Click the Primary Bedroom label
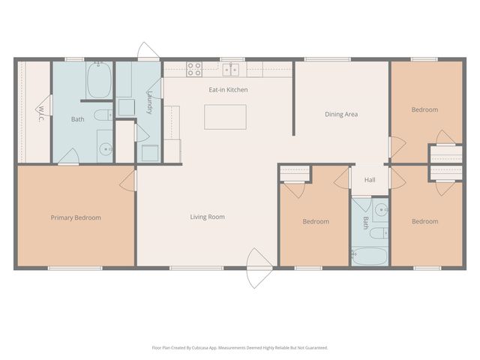point(76,217)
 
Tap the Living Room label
point(207,217)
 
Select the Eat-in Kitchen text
point(228,90)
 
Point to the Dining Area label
point(341,114)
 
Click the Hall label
point(370,180)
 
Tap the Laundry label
point(150,102)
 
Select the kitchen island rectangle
point(225,117)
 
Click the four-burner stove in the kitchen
point(194,69)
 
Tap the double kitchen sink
point(230,70)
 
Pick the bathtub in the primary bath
point(99,80)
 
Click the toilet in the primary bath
point(103,115)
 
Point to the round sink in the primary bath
point(106,149)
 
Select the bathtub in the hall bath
point(369,256)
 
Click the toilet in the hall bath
point(379,233)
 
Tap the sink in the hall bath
point(382,210)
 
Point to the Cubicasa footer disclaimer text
point(240,348)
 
